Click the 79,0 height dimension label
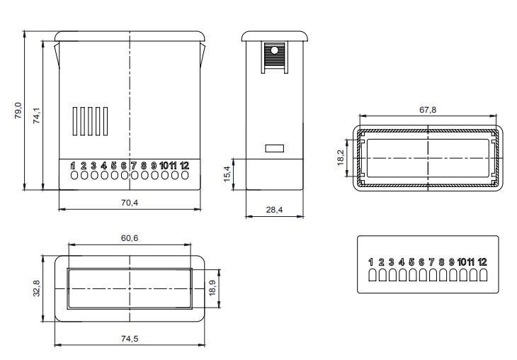pos(19,111)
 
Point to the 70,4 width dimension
pos(129,203)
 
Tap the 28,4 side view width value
pos(274,210)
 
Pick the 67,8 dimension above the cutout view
pos(428,110)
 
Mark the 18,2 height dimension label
pos(341,157)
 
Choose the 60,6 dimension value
pos(130,239)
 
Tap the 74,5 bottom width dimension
pos(129,339)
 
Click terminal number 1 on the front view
pos(73,166)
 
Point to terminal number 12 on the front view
pos(185,166)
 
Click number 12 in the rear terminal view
pos(482,262)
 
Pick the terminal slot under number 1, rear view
pos(372,275)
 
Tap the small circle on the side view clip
pos(275,50)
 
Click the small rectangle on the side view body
pos(274,149)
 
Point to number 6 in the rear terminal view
pos(421,262)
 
